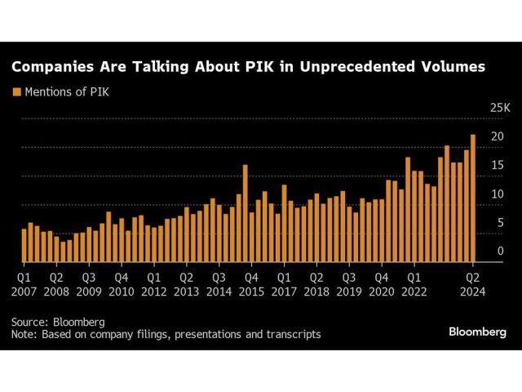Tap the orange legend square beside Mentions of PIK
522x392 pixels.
pyautogui.click(x=16, y=91)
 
